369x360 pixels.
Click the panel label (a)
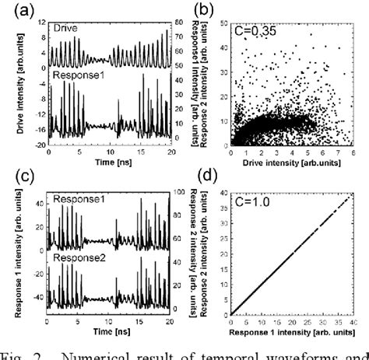pos(16,9)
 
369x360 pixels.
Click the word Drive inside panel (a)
pos(66,28)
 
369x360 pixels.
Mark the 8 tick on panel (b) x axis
pos(361,152)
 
